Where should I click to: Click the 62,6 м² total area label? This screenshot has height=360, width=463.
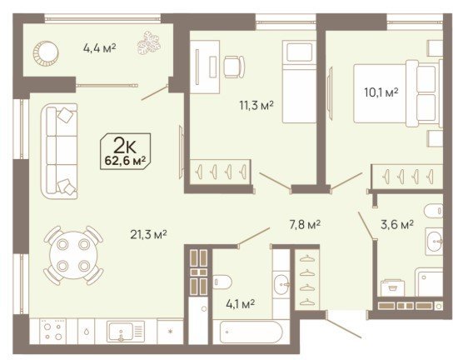126,161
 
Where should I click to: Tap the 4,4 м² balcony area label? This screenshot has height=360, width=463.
99,47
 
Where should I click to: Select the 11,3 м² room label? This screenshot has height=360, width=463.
256,105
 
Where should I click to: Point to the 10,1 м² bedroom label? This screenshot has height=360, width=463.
381,92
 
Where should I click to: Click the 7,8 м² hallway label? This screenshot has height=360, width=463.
304,225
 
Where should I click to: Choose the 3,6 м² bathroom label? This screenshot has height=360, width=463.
397,225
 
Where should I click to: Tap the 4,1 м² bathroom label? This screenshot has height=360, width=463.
240,304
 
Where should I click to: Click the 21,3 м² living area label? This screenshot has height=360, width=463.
148,235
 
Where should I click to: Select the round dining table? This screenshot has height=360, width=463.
74,255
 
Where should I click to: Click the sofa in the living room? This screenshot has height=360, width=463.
59,151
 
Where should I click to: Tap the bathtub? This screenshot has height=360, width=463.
251,332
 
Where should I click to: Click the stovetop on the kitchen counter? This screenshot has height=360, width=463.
53,331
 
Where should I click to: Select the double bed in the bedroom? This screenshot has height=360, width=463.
398,93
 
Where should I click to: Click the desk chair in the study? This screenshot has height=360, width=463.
234,67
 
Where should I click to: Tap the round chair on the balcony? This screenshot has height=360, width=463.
46,53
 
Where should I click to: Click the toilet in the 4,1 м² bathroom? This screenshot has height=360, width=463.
222,282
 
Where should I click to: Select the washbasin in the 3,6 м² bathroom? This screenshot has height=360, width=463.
434,242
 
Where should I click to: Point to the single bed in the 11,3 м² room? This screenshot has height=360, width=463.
300,82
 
